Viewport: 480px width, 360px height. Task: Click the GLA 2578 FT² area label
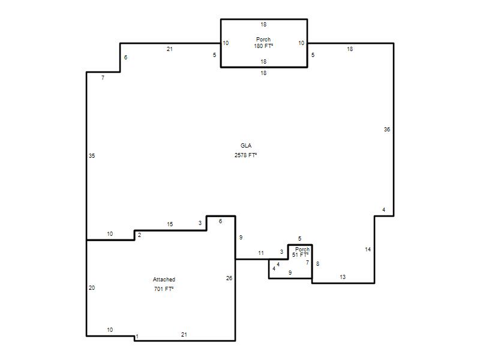click(245, 151)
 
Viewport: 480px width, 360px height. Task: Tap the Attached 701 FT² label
click(164, 284)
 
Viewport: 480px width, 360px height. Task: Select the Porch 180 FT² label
click(263, 43)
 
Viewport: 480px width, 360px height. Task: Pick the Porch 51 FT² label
click(301, 252)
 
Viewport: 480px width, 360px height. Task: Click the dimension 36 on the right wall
click(387, 130)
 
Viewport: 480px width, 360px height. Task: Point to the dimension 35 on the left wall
click(92, 156)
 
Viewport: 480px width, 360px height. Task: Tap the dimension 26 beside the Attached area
click(229, 278)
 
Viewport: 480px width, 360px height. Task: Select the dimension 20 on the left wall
click(92, 288)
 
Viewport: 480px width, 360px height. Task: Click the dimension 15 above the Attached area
click(170, 224)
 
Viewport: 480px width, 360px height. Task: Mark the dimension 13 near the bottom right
click(343, 277)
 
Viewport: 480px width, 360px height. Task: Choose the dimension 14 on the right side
click(368, 250)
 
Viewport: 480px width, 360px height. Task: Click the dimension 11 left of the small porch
click(261, 253)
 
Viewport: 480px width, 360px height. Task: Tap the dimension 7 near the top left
click(103, 78)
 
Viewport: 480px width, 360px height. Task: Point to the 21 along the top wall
click(170, 49)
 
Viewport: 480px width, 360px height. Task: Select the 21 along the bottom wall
click(184, 335)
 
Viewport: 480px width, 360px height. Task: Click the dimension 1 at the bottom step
click(137, 337)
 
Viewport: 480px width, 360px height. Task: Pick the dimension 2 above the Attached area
click(140, 235)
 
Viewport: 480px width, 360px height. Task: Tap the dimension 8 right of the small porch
click(318, 263)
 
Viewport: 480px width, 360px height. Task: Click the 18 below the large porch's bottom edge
click(263, 73)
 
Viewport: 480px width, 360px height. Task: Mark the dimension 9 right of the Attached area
click(241, 237)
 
